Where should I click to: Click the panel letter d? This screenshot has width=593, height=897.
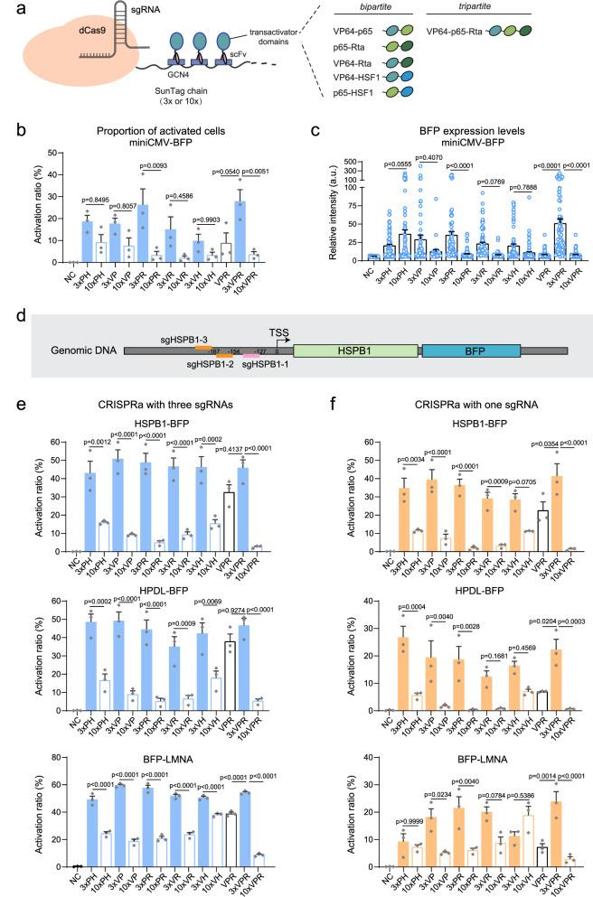click(12, 313)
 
